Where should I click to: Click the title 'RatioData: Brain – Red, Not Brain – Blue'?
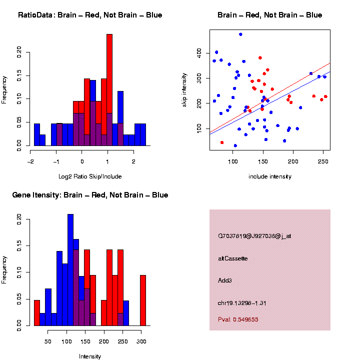coord(90,15)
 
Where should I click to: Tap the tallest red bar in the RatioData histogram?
coord(109,90)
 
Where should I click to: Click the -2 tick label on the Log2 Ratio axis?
coord(30,161)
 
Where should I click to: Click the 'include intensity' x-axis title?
coord(269,176)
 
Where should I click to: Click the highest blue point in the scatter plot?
coord(240,34)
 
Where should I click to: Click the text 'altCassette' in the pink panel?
coord(233,258)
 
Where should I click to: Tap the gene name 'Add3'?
coord(225,280)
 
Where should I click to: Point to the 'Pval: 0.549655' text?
coord(238,319)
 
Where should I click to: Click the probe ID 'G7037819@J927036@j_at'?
coord(254,236)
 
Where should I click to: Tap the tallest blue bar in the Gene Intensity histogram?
coord(70,270)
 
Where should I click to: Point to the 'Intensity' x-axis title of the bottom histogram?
coord(90,356)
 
